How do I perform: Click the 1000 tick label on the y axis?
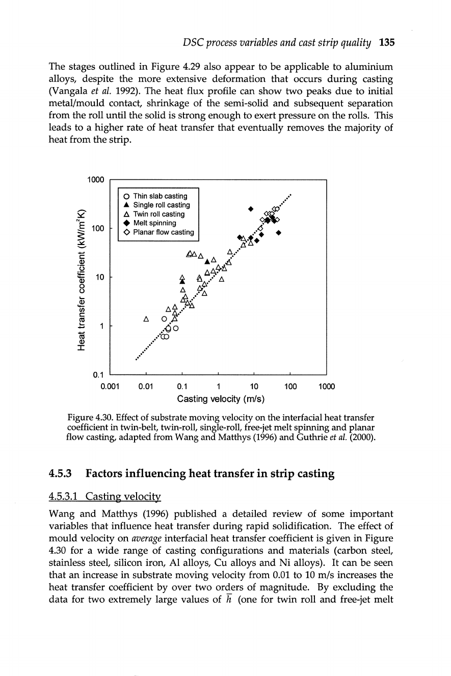click(x=95, y=180)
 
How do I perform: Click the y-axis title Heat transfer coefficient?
click(x=80, y=278)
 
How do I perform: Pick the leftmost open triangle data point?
click(x=146, y=320)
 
